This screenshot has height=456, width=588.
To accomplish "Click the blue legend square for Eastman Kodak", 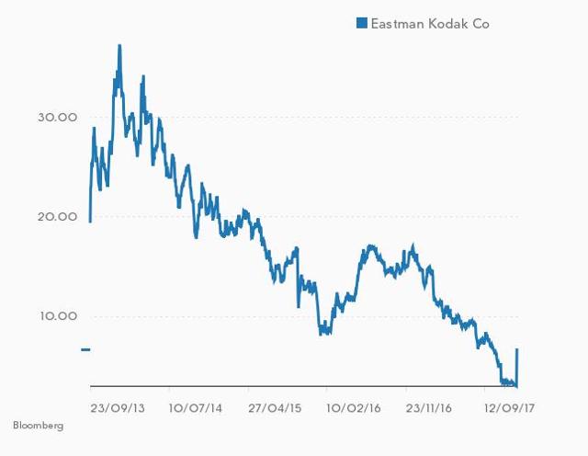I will pyautogui.click(x=362, y=23).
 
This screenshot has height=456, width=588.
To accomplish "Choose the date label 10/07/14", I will pyautogui.click(x=196, y=405).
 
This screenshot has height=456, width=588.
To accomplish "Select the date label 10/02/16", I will pyautogui.click(x=355, y=405).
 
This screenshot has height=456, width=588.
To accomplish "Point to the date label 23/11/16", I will pyautogui.click(x=432, y=405).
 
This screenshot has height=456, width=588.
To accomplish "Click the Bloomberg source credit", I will pyautogui.click(x=39, y=427).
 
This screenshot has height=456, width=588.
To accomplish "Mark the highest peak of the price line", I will pyautogui.click(x=119, y=45).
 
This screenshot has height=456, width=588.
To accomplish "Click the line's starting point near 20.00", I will pyautogui.click(x=90, y=221).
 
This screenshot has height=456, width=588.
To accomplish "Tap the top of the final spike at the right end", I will pyautogui.click(x=518, y=349).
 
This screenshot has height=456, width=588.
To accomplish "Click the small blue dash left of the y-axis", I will pyautogui.click(x=85, y=349).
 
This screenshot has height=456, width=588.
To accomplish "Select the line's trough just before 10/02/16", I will pyautogui.click(x=322, y=333).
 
